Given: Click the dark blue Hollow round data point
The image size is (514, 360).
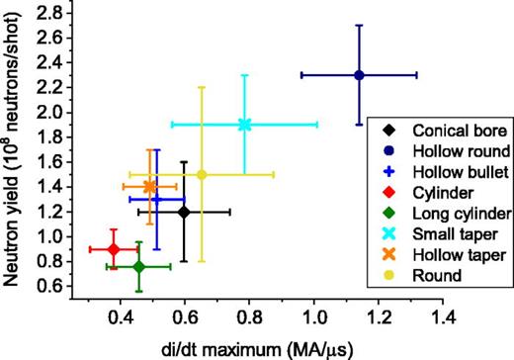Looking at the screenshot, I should (x=359, y=75).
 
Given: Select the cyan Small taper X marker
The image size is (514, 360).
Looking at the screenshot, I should (x=245, y=125).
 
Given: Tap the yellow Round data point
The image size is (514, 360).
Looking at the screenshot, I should (x=202, y=174).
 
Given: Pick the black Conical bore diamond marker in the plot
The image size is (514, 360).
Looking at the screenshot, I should (x=184, y=212).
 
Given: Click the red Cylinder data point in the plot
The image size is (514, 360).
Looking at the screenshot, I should (x=113, y=249).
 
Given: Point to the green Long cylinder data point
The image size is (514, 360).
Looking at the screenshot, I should (x=138, y=266).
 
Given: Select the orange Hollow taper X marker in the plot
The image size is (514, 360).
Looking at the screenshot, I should (x=149, y=186).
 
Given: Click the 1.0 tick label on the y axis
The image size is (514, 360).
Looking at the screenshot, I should (x=62, y=236).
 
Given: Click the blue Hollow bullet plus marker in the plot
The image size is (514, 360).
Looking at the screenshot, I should (x=156, y=200).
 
